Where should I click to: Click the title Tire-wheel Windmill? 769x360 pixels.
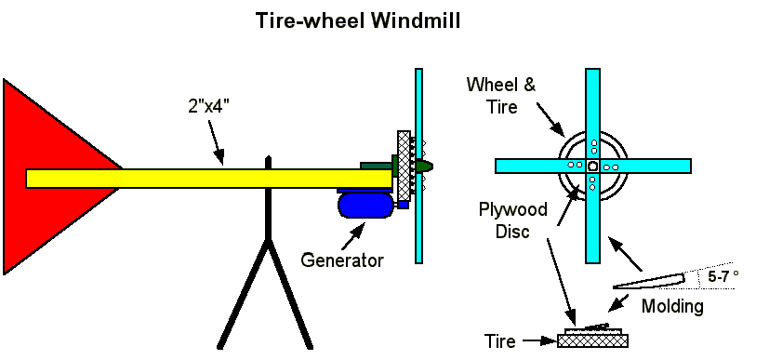358,21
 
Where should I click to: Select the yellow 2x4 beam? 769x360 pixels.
209,179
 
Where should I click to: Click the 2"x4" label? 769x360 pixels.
209,106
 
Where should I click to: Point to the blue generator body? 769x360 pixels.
365,205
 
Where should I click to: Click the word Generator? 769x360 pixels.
342,260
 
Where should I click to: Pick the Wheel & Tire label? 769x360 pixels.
501,96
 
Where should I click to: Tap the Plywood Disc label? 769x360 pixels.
513,220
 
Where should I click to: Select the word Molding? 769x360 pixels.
673,307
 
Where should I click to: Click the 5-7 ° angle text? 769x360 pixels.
723,276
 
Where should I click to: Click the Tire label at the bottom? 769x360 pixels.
500,340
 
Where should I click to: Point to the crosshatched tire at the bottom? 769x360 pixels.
593,340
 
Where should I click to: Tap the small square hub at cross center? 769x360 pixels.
592,166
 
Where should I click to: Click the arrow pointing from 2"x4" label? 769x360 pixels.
216,141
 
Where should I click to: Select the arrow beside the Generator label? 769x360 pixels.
353,235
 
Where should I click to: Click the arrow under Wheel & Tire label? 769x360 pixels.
550,119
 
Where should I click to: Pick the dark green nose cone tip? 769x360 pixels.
431,167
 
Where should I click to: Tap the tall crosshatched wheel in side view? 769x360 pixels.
404,166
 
